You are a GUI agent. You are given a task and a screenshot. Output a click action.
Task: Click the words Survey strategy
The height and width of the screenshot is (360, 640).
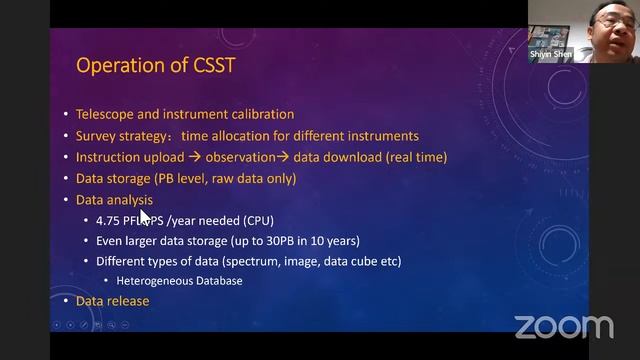[x=119, y=136]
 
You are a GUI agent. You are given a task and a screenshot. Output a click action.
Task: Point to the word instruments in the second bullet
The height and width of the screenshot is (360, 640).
[x=385, y=136]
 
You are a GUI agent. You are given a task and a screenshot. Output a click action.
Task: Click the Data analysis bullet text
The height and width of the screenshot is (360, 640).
[x=114, y=200]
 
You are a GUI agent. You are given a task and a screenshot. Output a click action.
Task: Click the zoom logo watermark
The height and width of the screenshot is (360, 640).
[x=563, y=326]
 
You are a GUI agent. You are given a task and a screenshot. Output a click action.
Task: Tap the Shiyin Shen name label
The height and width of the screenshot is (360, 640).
[x=551, y=55]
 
